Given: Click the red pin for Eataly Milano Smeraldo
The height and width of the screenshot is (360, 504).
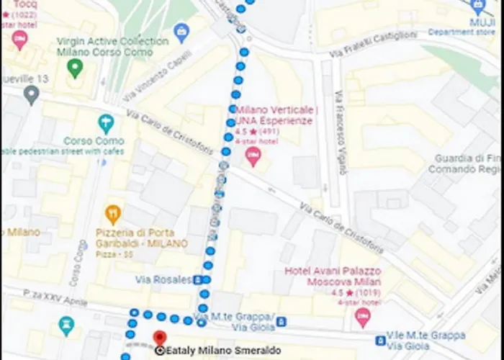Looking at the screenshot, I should tap(160, 337).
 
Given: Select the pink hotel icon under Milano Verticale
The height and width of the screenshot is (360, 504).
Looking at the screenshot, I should tap(253, 156).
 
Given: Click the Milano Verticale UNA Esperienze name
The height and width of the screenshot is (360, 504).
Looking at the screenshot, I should tap(276, 115).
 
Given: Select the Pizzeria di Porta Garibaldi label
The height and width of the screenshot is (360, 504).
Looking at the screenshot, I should tap(141, 238).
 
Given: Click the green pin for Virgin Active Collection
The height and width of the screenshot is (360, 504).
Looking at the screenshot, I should tap(74, 68).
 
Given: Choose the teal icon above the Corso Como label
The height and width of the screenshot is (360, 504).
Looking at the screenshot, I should tap(107, 123).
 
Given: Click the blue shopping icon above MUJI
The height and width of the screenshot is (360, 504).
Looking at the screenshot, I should tap(477, 7).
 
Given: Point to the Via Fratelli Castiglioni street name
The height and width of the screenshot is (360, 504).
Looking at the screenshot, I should tap(373, 45).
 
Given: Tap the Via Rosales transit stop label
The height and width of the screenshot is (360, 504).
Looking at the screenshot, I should tap(163, 279).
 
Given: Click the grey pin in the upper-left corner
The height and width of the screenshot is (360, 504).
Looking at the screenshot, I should tap(31, 94).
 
